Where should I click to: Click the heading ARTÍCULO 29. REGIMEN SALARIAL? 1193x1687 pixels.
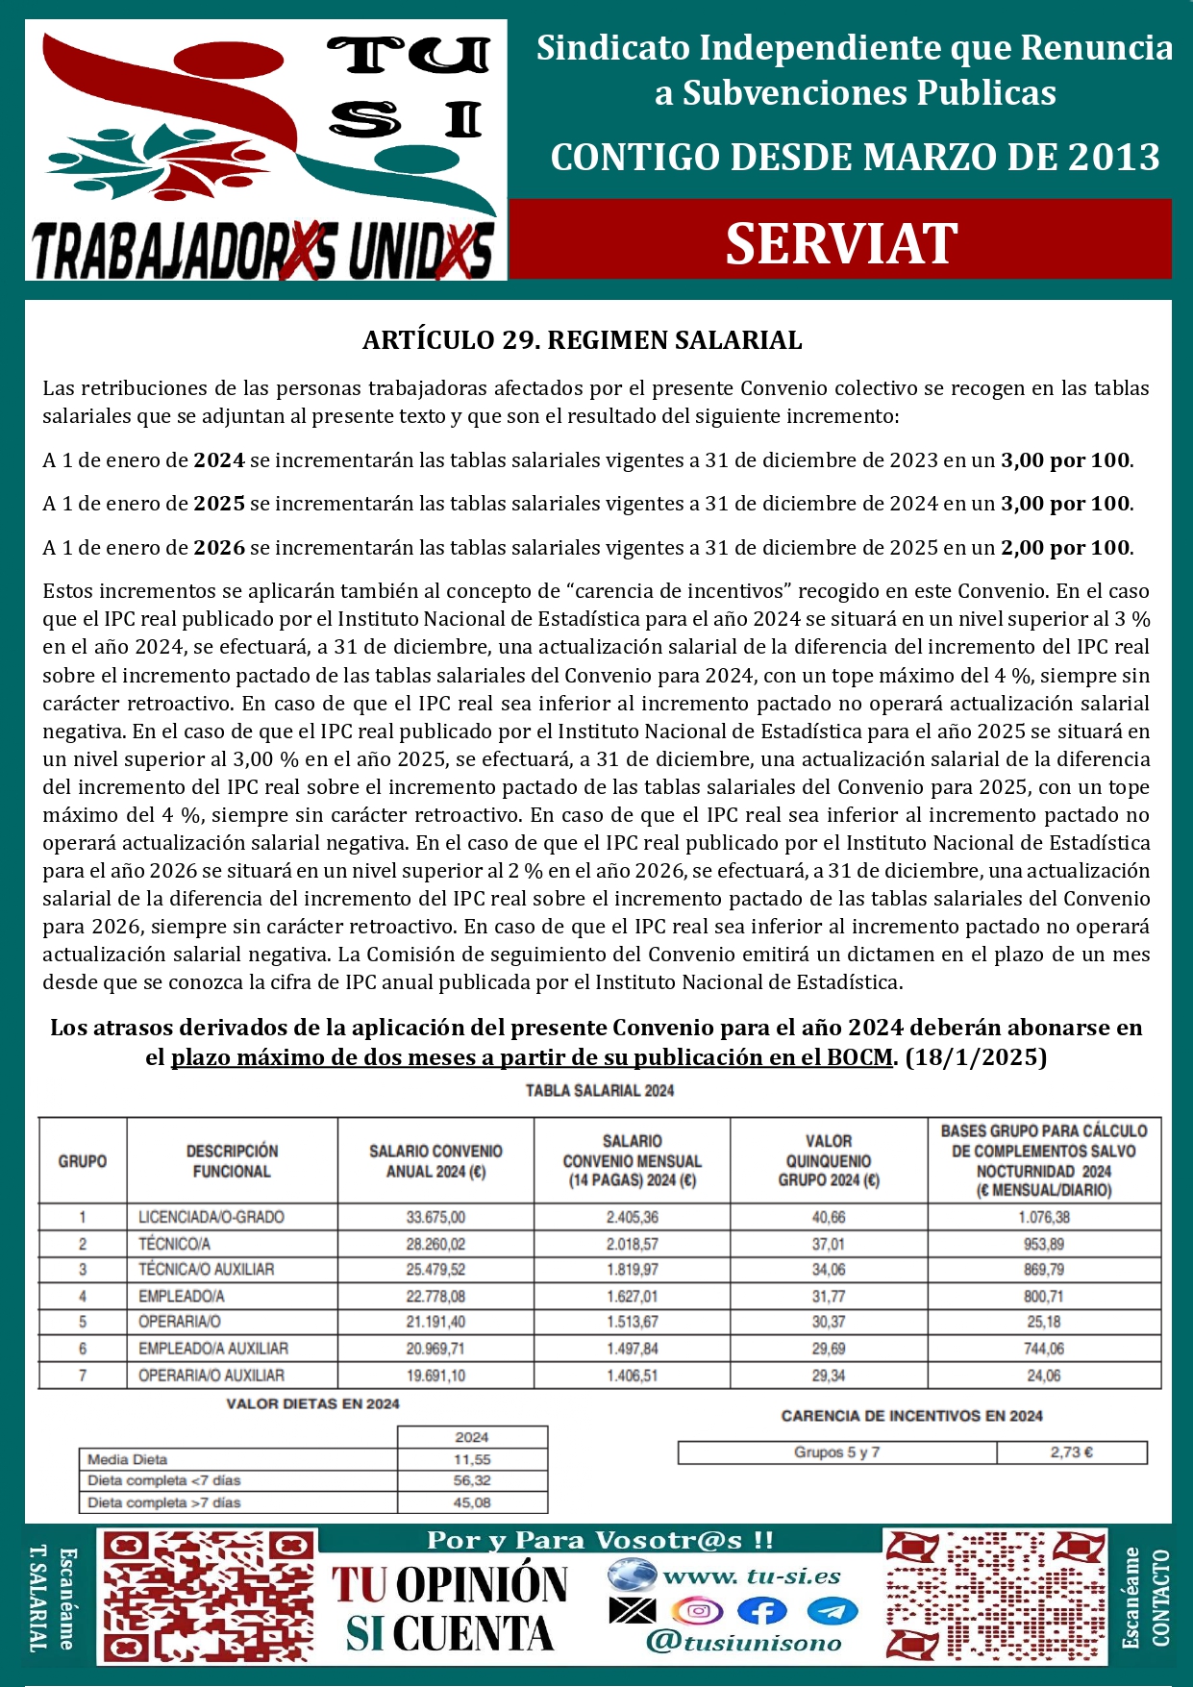582,340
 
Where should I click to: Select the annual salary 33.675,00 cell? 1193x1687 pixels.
435,1217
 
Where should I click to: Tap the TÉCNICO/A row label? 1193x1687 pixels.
174,1244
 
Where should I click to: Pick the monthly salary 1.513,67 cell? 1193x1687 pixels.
632,1323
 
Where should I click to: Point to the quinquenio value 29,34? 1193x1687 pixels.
828,1376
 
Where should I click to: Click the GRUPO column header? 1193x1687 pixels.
83,1161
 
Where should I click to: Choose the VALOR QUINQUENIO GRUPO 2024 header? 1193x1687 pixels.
828,1160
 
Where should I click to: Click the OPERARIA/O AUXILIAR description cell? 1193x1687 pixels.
211,1376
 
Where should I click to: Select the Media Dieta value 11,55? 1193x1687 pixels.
472,1459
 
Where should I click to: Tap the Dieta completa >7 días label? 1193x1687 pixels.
164,1502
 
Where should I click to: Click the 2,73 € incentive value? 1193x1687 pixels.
1071,1452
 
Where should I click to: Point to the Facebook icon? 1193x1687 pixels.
761,1611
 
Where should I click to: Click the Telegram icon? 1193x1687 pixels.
832,1611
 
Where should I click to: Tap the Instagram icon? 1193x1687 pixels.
697,1611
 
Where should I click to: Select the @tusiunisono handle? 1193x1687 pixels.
744,1643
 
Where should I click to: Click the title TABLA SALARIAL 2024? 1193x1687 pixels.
599,1091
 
